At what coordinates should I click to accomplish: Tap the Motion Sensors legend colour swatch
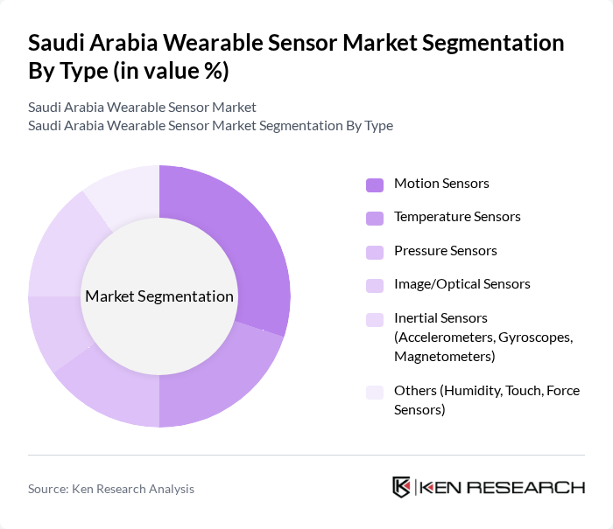375,184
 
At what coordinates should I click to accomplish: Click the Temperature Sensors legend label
457,216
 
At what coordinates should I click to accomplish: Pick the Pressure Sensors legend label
445,250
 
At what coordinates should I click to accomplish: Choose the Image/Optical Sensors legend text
462,284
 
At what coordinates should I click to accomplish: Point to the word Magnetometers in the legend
444,357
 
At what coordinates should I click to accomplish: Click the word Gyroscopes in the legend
538,338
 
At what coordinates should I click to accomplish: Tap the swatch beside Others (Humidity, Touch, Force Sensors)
375,392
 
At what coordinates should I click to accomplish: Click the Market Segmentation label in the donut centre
159,296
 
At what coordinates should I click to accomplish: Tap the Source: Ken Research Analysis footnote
111,489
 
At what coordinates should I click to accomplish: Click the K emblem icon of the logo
401,487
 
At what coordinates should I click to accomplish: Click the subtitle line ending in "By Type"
210,125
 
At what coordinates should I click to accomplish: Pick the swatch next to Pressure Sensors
375,252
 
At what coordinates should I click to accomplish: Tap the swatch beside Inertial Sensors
375,319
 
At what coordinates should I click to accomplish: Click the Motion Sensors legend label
441,183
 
